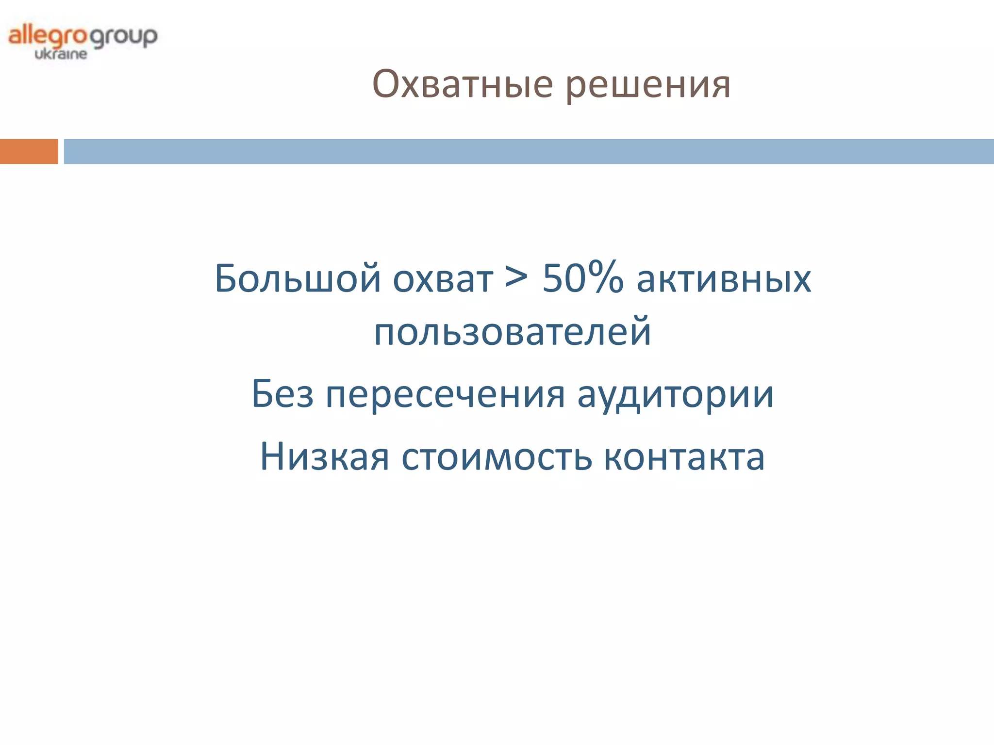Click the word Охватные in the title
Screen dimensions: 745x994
click(x=462, y=84)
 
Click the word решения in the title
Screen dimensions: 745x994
click(x=648, y=85)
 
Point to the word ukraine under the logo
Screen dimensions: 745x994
click(x=61, y=54)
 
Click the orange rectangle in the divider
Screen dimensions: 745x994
click(x=29, y=151)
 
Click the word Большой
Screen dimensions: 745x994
click(x=298, y=279)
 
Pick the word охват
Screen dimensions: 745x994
click(x=443, y=280)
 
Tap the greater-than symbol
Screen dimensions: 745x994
click(x=516, y=278)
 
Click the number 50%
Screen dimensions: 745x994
click(x=582, y=278)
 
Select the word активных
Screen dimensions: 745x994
click(x=723, y=280)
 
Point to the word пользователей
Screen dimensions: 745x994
click(x=512, y=332)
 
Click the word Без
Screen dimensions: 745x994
click(x=282, y=394)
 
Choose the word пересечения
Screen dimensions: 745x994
click(x=445, y=395)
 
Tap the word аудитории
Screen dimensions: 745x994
click(x=675, y=395)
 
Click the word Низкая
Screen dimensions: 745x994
click(x=324, y=457)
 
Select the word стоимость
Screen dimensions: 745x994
click(x=497, y=458)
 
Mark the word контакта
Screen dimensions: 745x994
click(x=684, y=458)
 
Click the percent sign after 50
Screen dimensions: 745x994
click(x=606, y=277)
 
